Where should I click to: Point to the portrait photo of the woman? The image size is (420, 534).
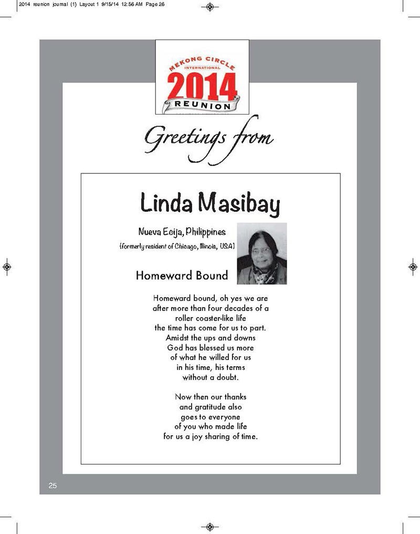point(262,253)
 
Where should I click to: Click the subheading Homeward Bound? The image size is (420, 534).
point(182,275)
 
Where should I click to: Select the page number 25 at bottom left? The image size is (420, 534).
point(52,485)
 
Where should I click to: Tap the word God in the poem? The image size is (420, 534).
point(175,347)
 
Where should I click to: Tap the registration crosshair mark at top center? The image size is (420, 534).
point(210,7)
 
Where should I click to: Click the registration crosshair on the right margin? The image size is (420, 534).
point(413,266)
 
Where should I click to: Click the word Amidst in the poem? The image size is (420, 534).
point(179,337)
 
